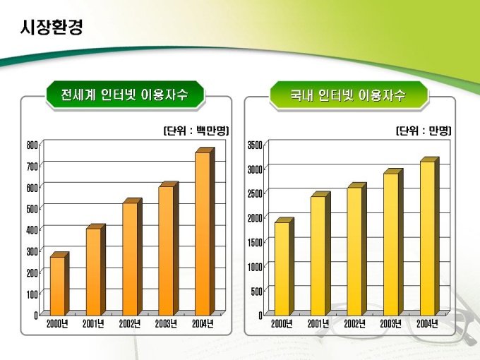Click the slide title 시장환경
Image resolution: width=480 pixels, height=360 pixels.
pyautogui.click(x=52, y=28)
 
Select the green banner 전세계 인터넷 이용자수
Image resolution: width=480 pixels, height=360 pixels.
pyautogui.click(x=124, y=95)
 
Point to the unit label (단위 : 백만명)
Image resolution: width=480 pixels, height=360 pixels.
pyautogui.click(x=196, y=131)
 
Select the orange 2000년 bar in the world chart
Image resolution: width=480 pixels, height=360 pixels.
pyautogui.click(x=57, y=285)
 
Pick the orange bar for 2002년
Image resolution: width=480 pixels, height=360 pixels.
pyautogui.click(x=129, y=258)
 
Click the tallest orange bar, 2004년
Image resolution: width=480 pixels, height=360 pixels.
pyautogui.click(x=202, y=233)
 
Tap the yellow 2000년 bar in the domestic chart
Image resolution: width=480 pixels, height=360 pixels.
pyautogui.click(x=282, y=268)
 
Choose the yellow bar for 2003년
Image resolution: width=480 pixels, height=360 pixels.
pyautogui.click(x=390, y=244)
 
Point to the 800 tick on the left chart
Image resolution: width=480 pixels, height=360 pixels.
pyautogui.click(x=32, y=145)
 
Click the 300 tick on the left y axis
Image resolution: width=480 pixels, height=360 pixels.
pyautogui.click(x=32, y=251)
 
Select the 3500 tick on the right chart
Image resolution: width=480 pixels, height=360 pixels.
pyautogui.click(x=256, y=145)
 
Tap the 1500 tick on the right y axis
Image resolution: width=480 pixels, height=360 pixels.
pyautogui.click(x=256, y=242)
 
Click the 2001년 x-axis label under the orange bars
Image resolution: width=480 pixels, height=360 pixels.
pyautogui.click(x=93, y=324)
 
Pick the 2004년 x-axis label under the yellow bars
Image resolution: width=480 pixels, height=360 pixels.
pyautogui.click(x=426, y=324)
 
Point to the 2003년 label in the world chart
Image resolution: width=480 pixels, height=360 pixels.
pyautogui.click(x=166, y=324)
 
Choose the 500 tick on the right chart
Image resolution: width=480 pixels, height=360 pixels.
pyautogui.click(x=258, y=291)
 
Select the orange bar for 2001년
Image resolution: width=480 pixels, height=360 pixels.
pyautogui.click(x=93, y=272)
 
